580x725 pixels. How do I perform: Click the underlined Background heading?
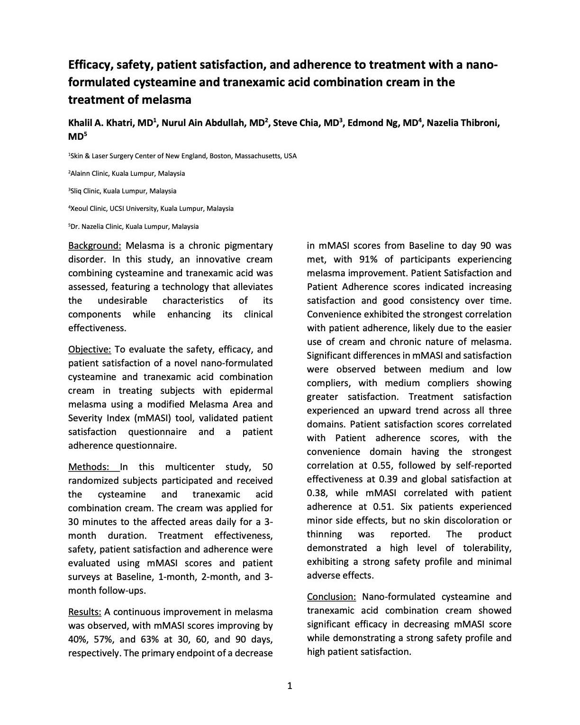pyautogui.click(x=95, y=245)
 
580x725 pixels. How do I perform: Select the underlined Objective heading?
pyautogui.click(x=90, y=349)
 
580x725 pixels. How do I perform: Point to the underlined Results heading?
pyautogui.click(x=85, y=612)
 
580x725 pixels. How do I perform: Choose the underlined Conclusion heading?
pyautogui.click(x=331, y=597)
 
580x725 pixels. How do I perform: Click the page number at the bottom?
pyautogui.click(x=290, y=686)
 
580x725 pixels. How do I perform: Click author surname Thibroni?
pyautogui.click(x=479, y=123)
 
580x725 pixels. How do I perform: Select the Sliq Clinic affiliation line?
pyautogui.click(x=123, y=191)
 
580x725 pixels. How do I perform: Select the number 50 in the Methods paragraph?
pyautogui.click(x=267, y=467)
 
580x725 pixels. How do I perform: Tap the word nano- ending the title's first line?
pyautogui.click(x=483, y=64)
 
